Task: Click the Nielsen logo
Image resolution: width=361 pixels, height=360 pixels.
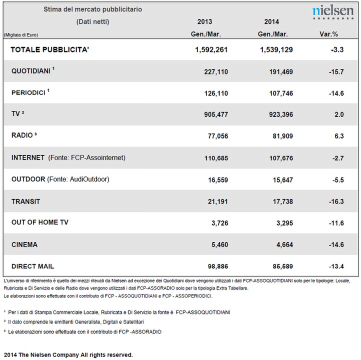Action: pos(333,12)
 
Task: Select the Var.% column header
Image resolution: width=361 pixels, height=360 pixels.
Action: pos(328,34)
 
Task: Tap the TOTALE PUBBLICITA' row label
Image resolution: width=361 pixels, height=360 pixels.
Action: pos(49,49)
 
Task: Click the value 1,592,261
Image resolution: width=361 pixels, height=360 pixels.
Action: pos(211,49)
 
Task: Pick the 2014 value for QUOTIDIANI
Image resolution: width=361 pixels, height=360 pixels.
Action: pos(281,72)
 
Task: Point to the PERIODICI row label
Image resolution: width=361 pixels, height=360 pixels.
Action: pos(28,93)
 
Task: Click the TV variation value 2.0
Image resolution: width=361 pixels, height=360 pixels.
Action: pos(339,114)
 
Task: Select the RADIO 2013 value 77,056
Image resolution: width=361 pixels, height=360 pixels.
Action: pos(218,136)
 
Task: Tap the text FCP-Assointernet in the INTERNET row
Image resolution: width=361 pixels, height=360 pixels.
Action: pos(98,157)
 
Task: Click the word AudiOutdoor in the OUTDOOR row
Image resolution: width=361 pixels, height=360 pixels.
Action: pos(88,179)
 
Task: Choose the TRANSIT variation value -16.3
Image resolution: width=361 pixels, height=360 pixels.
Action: pos(336,201)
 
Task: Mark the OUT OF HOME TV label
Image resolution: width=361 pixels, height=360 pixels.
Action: pos(40,222)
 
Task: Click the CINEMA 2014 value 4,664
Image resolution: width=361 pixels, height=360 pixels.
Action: pos(285,244)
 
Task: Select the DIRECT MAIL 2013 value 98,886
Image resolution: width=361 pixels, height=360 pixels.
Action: pos(218,266)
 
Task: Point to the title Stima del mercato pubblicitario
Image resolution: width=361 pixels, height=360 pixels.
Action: pos(93,9)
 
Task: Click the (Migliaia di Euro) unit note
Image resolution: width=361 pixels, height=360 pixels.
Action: pos(21,35)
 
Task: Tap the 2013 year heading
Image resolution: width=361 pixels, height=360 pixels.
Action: pos(204,22)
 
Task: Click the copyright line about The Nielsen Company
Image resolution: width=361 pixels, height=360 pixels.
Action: pos(68,354)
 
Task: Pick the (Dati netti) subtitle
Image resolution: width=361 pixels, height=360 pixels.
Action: pos(93,21)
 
